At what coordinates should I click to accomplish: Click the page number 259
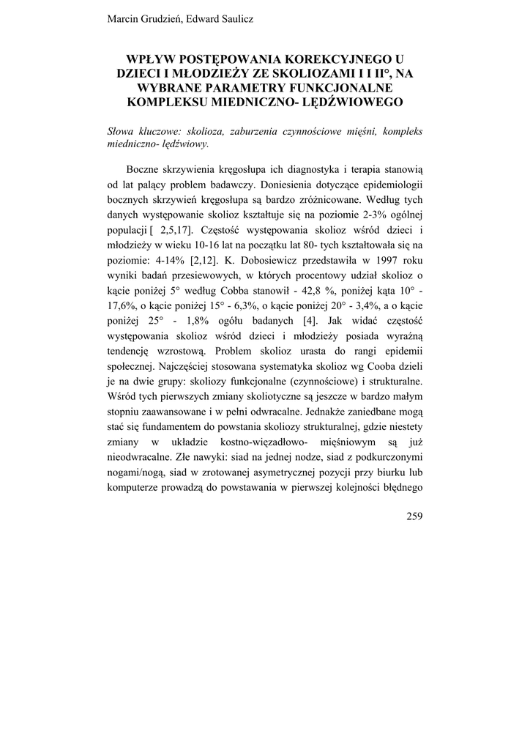pyautogui.click(x=414, y=516)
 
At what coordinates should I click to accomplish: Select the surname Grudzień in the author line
pyautogui.click(x=160, y=18)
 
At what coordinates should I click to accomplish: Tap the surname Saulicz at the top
pyautogui.click(x=231, y=18)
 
